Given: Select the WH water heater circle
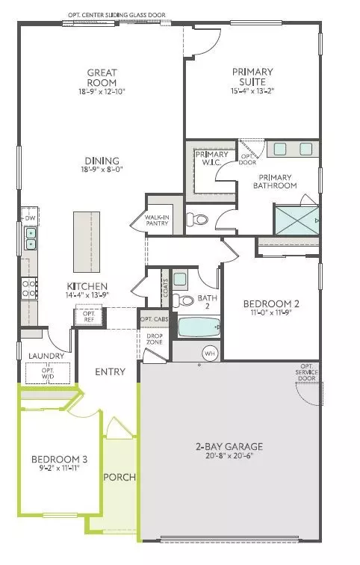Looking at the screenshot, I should tap(209, 353).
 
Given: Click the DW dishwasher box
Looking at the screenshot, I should tap(30, 218).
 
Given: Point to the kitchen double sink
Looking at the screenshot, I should tap(31, 238).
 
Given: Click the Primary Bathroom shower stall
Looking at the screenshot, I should tap(297, 221).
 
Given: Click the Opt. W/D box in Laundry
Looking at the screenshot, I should tap(49, 371).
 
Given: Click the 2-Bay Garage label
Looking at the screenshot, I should tap(230, 447).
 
